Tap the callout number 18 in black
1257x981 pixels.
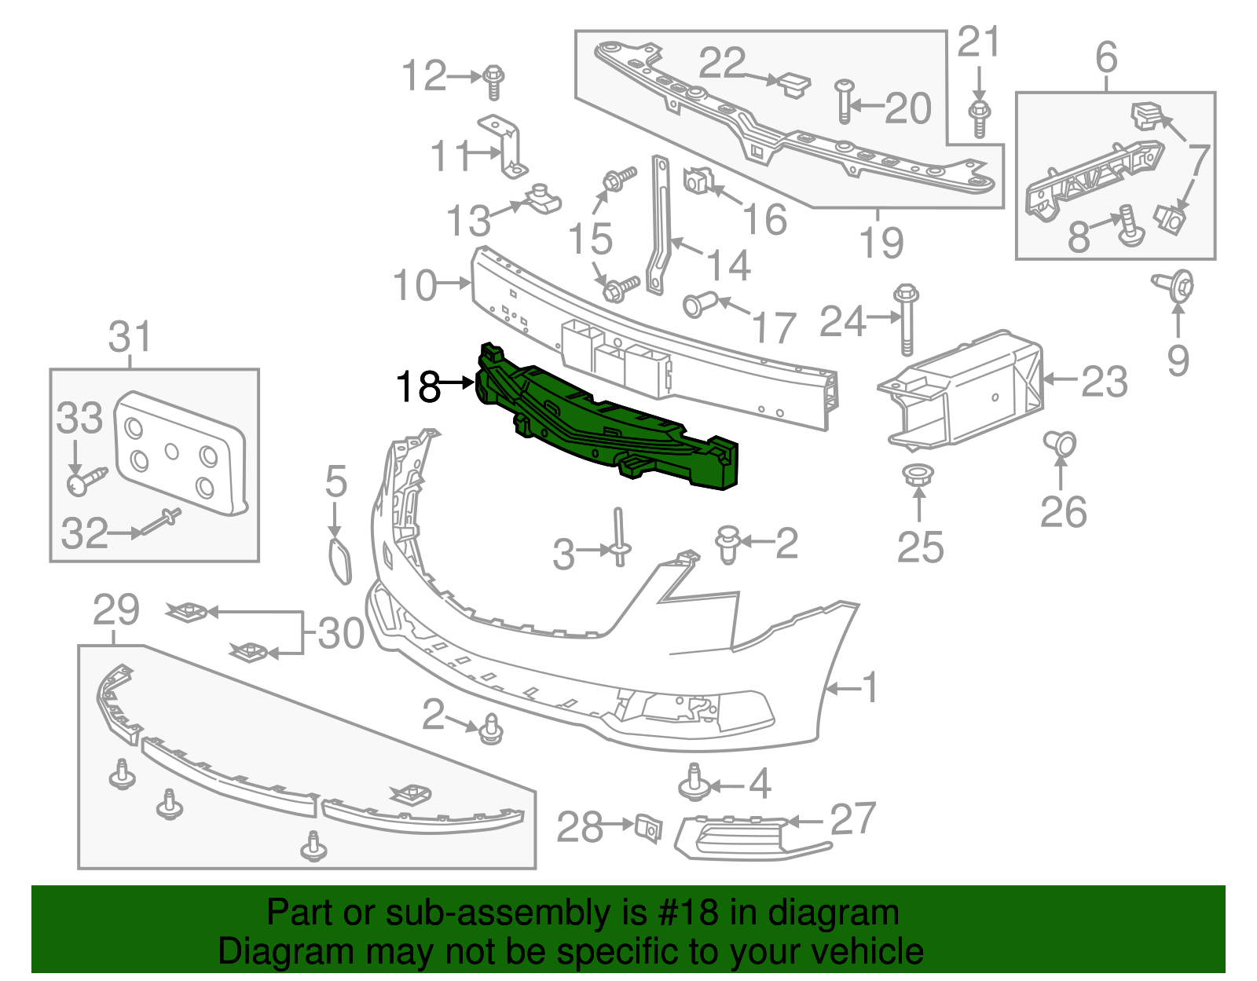pyautogui.click(x=418, y=386)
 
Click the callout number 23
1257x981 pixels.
pyautogui.click(x=1104, y=383)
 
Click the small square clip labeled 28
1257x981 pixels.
pyautogui.click(x=648, y=827)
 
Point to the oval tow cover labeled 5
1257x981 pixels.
pyautogui.click(x=339, y=561)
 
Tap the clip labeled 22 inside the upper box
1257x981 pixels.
pyautogui.click(x=792, y=83)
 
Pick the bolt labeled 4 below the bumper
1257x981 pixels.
pyautogui.click(x=693, y=784)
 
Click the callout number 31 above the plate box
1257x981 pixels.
pyautogui.click(x=130, y=337)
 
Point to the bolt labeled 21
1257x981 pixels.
pyautogui.click(x=979, y=116)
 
